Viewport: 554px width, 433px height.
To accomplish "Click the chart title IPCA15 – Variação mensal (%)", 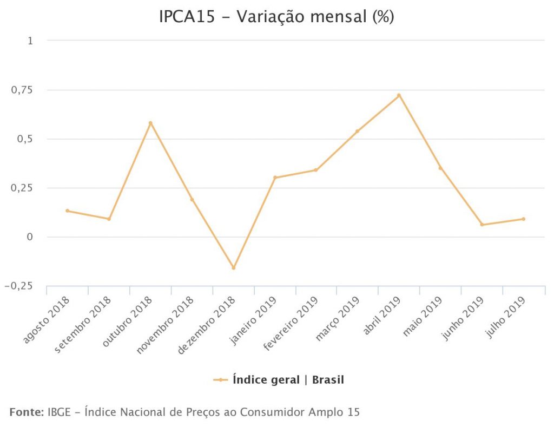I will (276, 17).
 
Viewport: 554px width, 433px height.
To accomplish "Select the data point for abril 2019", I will (399, 95).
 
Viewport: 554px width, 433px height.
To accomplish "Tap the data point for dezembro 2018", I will (234, 268).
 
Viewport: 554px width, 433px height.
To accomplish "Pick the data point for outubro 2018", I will (150, 123).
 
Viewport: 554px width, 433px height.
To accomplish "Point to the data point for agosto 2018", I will (67, 211).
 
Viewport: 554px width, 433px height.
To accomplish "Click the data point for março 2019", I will (357, 131).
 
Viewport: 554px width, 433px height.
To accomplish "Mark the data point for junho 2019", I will (482, 225).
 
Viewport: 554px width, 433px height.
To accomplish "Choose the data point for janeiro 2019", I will (275, 178).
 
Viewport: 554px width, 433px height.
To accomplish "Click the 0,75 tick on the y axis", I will (22, 90).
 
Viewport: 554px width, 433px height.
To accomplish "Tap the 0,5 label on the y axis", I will (25, 139).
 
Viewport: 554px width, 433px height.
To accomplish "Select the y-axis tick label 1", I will (30, 41).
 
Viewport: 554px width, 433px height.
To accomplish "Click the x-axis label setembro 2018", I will (83, 324).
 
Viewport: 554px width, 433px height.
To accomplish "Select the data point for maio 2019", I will (440, 168).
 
